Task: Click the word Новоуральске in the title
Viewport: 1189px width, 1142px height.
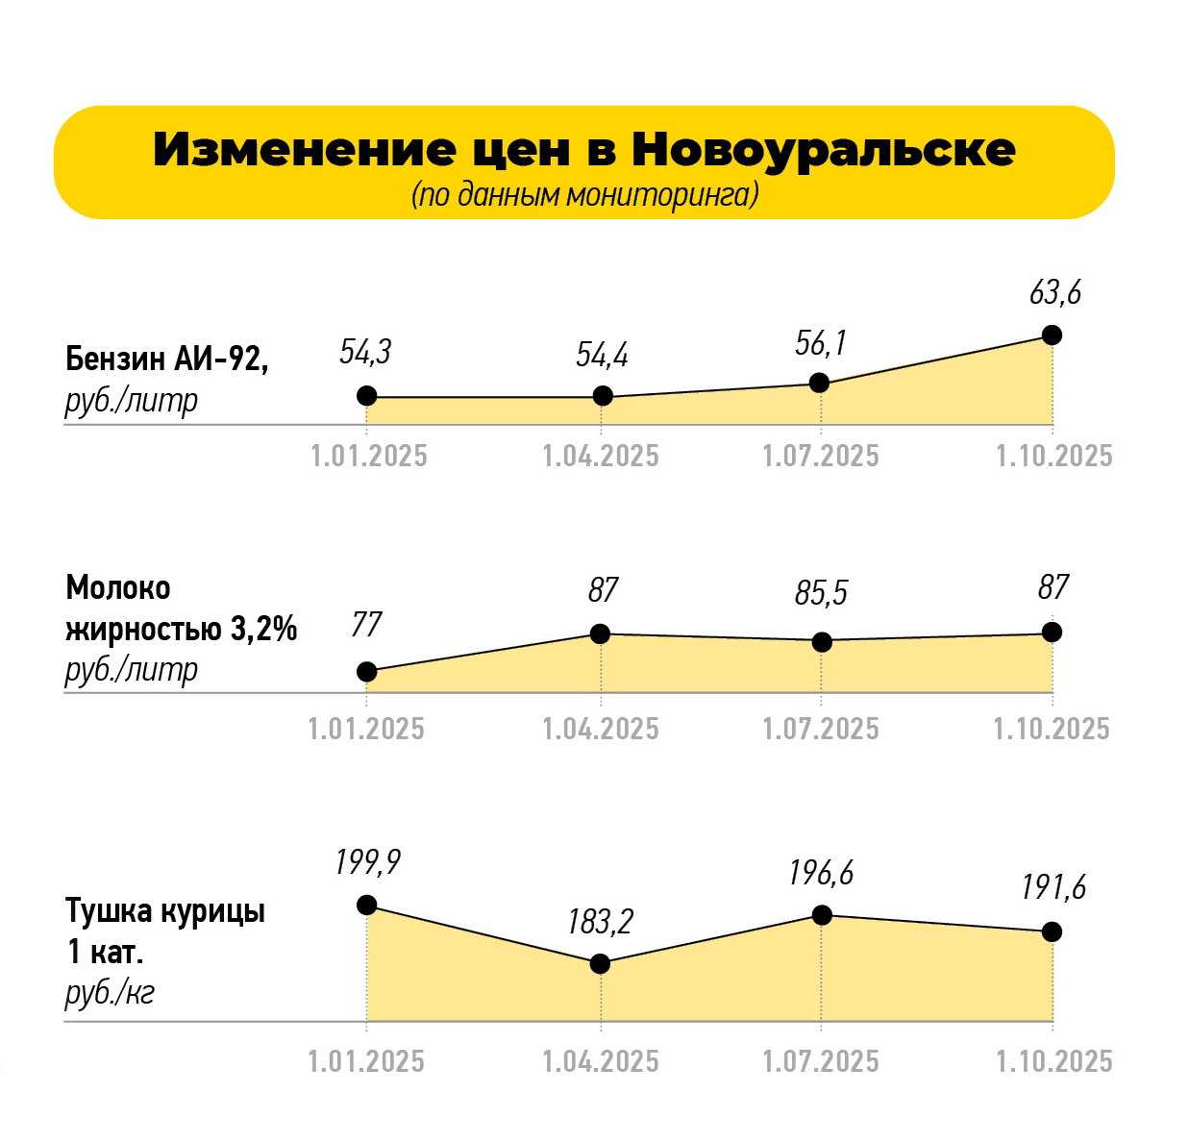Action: coord(823,150)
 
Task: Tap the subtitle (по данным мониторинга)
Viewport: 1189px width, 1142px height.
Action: coord(584,194)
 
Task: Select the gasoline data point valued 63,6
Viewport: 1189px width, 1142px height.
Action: coord(1052,335)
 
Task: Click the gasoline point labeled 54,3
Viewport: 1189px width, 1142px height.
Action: coord(366,396)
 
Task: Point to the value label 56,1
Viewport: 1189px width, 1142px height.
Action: coord(820,343)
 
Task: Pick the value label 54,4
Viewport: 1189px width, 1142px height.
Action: coord(602,355)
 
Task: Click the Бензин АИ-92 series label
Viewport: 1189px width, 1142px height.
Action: coord(166,359)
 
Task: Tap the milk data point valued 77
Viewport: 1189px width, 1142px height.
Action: coord(366,672)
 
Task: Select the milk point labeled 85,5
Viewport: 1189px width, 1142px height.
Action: coord(821,642)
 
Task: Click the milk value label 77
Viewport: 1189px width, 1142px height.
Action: coord(366,625)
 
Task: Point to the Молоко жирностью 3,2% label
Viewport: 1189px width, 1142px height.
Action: coord(181,608)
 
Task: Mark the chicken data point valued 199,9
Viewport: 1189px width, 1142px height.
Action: coord(366,905)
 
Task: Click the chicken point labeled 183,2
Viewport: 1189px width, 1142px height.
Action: coord(600,963)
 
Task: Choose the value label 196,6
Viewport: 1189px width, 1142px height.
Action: coord(821,873)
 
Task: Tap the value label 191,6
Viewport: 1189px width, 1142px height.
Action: coord(1053,887)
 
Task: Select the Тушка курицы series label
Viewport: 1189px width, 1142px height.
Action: coord(165,910)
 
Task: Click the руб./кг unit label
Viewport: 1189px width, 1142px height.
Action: coord(110,992)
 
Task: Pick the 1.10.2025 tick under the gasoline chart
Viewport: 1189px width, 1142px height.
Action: coord(1053,456)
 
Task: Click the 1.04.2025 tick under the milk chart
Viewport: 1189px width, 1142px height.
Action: coord(601,729)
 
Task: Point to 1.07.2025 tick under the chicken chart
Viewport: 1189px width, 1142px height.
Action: coord(821,1061)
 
